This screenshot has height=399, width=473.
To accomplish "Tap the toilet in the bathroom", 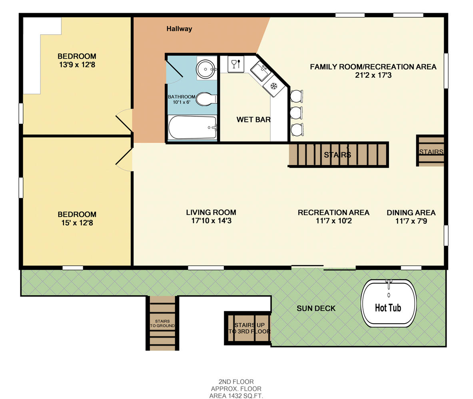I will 207,99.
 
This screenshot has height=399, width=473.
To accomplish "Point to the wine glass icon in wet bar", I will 235,64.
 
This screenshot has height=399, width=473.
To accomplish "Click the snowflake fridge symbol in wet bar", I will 274,86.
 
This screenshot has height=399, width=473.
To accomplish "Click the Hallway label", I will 179,29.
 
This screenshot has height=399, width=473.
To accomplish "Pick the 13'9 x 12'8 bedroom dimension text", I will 76,65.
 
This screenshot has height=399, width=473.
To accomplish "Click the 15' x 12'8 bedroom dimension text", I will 76,223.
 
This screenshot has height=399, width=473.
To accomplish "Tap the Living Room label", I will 211,212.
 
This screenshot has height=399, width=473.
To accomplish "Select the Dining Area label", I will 411,213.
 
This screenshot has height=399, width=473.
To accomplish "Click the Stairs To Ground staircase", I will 162,323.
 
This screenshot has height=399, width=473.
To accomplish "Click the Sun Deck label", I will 316,308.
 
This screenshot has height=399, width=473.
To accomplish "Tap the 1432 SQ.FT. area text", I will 236,396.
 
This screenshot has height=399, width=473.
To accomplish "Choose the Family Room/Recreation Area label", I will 373,67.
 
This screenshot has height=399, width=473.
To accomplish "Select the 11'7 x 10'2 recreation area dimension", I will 333,221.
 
